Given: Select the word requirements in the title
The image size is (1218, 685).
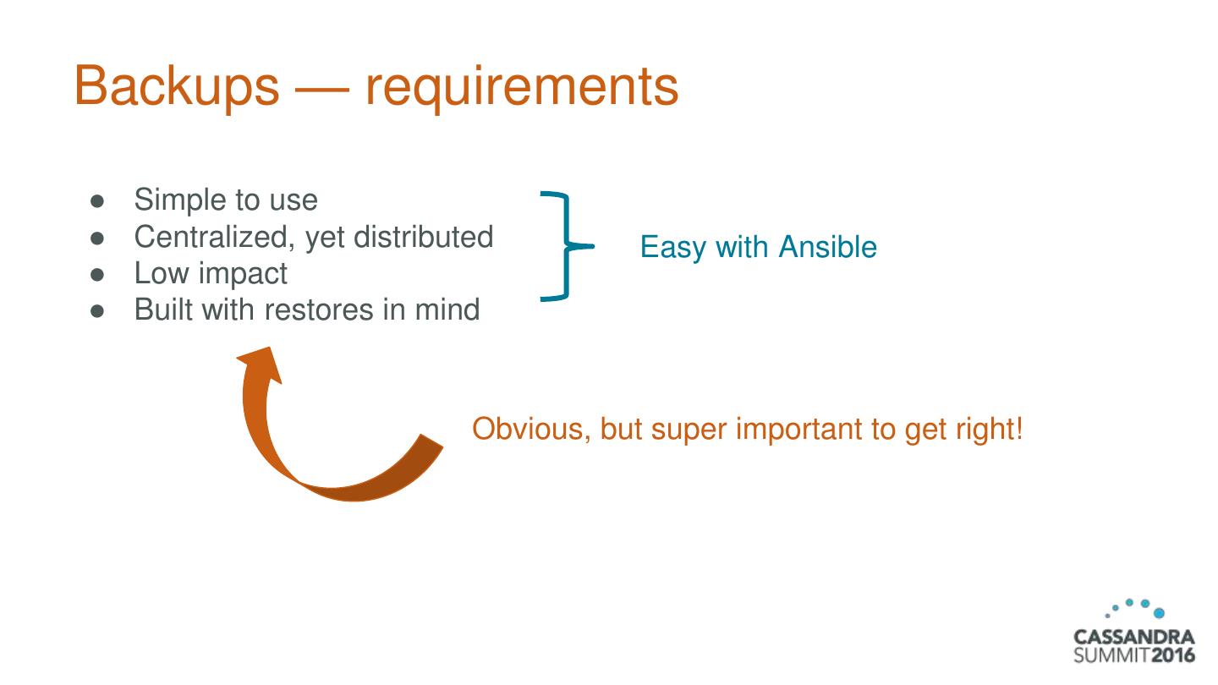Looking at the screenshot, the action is click(x=522, y=86).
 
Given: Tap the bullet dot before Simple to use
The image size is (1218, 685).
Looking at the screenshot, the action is click(x=97, y=201).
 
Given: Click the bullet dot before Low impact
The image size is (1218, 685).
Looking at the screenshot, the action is click(x=97, y=274).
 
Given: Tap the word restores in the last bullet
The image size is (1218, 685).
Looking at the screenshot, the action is click(x=318, y=310).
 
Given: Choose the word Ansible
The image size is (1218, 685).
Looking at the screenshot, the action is click(x=827, y=247).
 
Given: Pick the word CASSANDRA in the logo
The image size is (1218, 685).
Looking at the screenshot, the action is click(x=1133, y=637).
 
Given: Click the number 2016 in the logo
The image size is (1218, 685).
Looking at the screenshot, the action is click(x=1172, y=655).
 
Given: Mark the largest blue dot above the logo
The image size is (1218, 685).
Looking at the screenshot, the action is click(x=1159, y=612).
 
